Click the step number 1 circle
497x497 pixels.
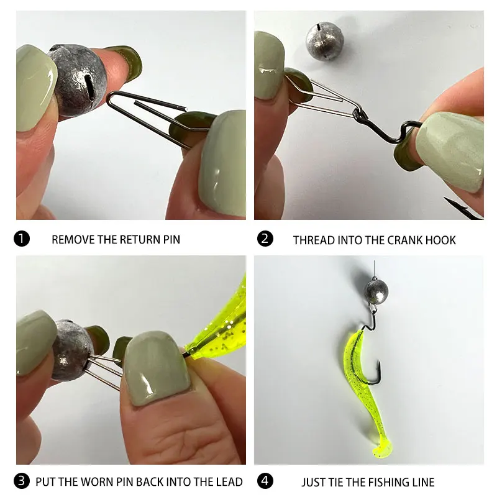[22, 239]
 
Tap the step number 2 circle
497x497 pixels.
[265, 239]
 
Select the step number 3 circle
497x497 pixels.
[22, 481]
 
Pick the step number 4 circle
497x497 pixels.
[265, 481]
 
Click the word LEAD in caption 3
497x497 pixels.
[229, 481]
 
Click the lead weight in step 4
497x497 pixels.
[376, 289]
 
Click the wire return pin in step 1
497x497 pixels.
[146, 112]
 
